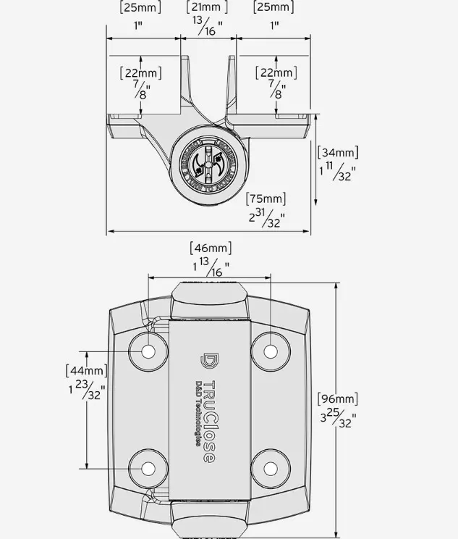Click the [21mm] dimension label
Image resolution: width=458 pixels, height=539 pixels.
[x=208, y=7]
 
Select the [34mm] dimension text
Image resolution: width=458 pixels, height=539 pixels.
[x=338, y=152]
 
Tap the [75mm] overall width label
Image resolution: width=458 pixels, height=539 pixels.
[x=266, y=199]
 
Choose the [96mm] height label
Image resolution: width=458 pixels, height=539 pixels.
[x=337, y=399]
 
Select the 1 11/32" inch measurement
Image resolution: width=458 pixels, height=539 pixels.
[x=338, y=173]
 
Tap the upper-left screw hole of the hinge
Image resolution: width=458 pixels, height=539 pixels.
[x=148, y=351]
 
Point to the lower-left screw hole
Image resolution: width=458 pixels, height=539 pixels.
[x=148, y=467]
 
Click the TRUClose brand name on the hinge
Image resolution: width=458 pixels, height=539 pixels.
[x=208, y=422]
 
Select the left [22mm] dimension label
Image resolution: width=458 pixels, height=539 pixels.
[x=140, y=72]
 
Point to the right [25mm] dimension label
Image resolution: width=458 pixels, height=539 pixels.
[x=273, y=7]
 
